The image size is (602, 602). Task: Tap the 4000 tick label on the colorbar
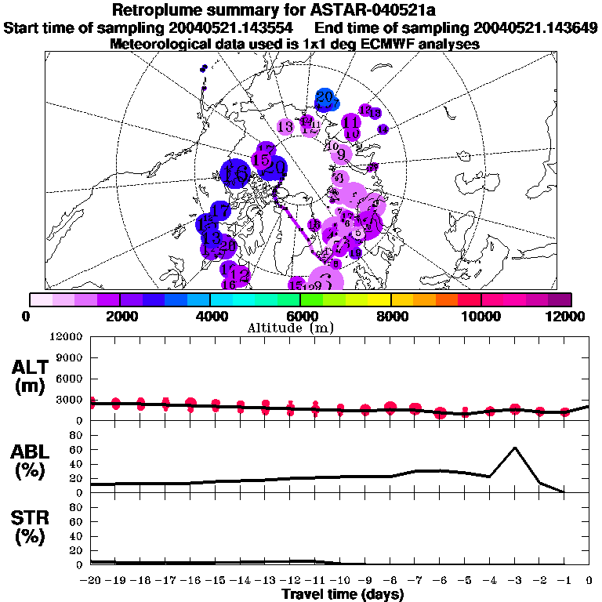(211, 316)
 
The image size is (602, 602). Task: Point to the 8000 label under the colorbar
(391, 316)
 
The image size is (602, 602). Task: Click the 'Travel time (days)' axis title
(343, 595)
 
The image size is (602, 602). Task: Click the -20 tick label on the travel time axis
(91, 582)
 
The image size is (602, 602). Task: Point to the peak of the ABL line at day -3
(514, 448)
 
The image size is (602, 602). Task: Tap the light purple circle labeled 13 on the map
(285, 126)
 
